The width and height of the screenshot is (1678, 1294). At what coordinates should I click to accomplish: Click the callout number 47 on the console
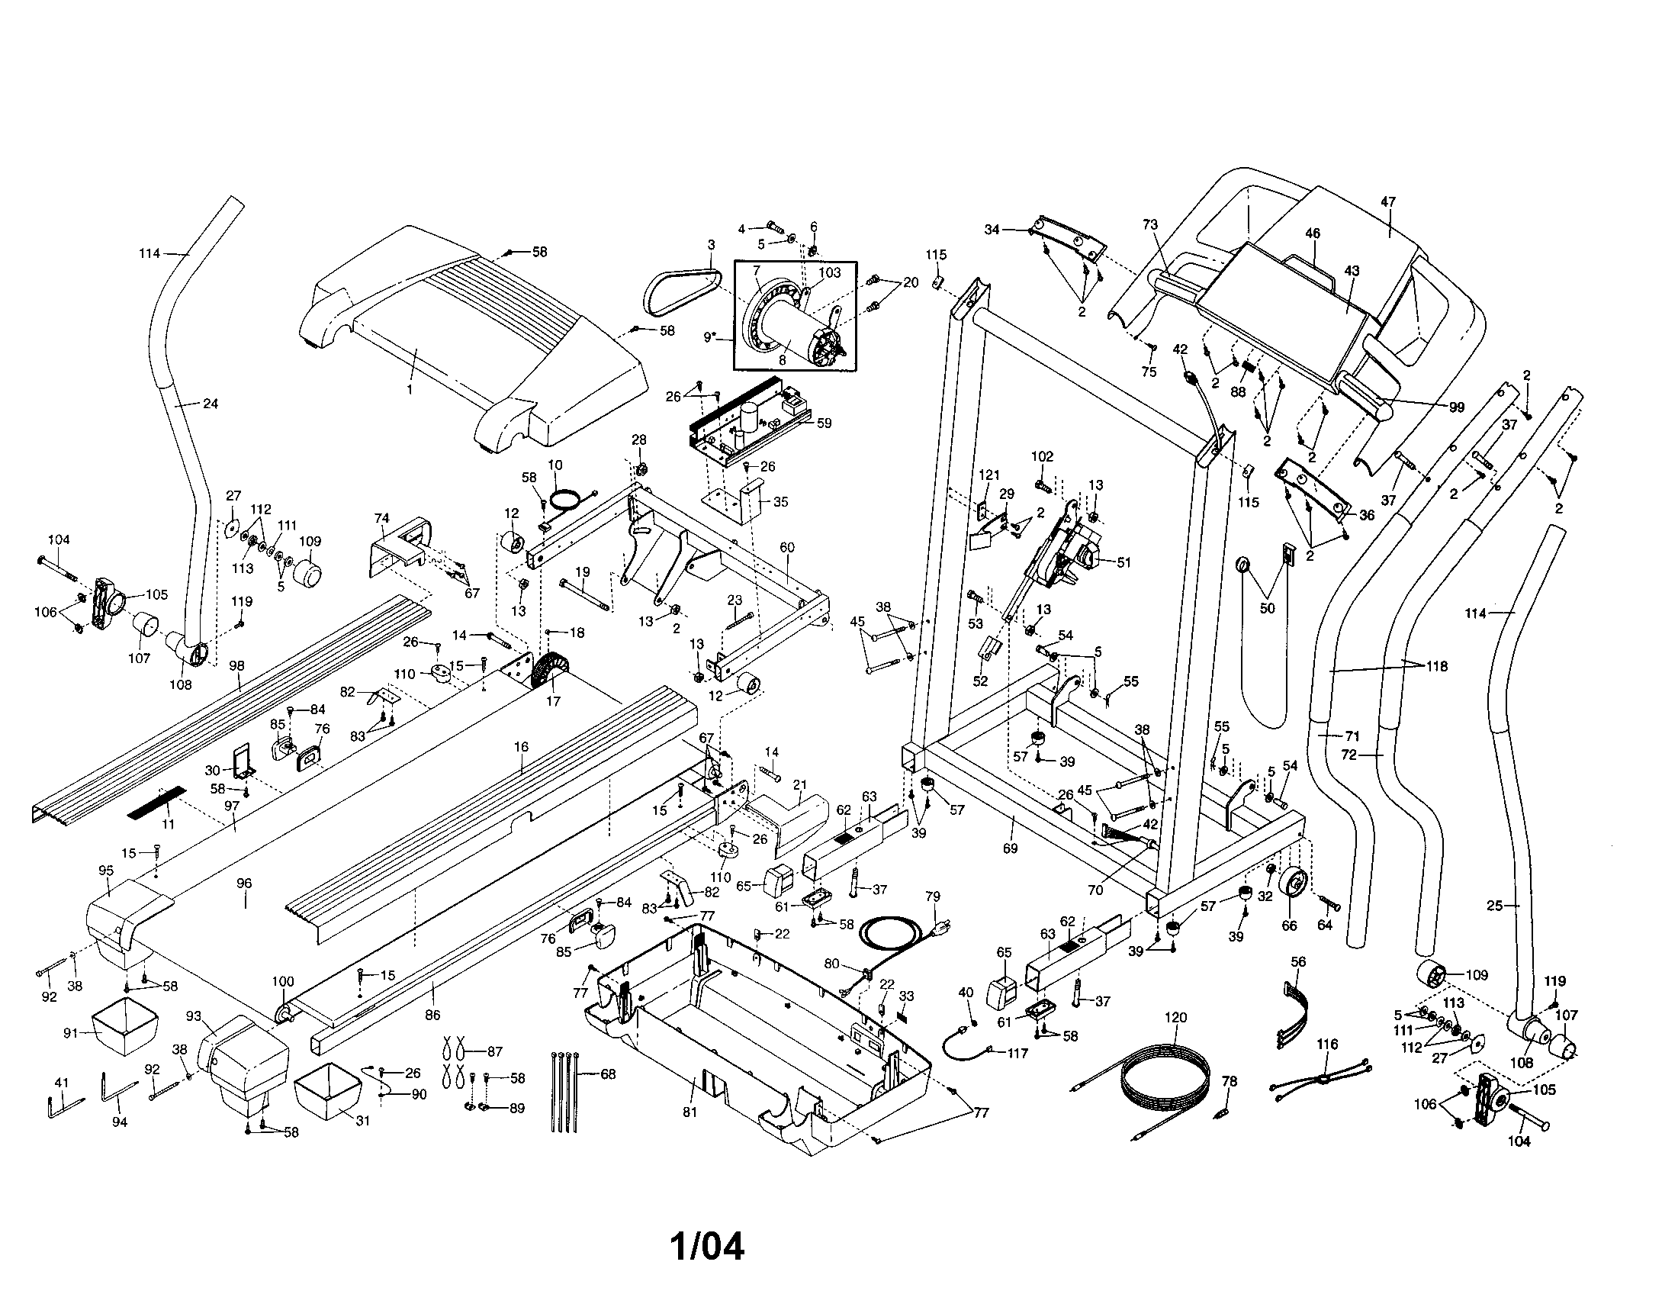(1387, 203)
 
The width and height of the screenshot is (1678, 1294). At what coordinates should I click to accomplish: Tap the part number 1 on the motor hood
(410, 390)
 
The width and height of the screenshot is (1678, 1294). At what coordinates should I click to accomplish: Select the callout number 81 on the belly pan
(690, 1112)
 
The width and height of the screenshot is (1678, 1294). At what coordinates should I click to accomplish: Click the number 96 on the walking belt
(243, 884)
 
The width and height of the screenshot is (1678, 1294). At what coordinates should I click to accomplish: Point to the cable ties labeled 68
(564, 1091)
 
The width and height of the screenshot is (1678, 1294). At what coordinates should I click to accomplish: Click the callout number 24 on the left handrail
(210, 404)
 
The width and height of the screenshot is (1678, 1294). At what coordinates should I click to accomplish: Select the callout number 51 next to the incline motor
(1123, 562)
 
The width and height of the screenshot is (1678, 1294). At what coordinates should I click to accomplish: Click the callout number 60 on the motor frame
(787, 547)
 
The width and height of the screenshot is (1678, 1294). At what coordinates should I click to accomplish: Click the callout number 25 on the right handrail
(1493, 905)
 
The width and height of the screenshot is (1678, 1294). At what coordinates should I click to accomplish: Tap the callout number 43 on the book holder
(1352, 271)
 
